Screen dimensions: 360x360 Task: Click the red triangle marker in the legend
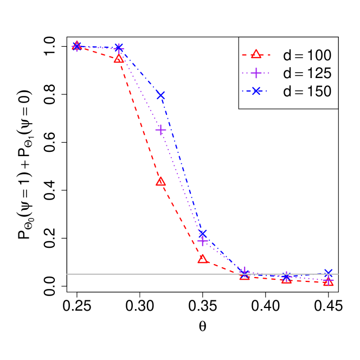tap(256, 54)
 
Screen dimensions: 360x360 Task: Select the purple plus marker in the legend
tap(256, 73)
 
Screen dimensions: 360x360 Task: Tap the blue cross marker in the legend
tap(256, 91)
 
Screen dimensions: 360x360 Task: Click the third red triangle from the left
tap(160, 181)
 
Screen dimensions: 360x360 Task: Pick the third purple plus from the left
tap(160, 130)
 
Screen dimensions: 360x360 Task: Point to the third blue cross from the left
tap(160, 95)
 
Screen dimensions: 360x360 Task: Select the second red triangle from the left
tap(119, 58)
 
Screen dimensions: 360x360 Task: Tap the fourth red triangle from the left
tap(202, 259)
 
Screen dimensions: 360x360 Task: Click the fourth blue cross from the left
tap(202, 234)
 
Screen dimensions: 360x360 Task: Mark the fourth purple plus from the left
tap(202, 241)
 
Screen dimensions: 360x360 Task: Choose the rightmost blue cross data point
tap(328, 273)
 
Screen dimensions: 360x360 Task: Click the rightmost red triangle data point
tap(328, 282)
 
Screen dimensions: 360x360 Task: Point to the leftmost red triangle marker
tap(77, 46)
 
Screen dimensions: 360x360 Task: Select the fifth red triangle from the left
tap(245, 275)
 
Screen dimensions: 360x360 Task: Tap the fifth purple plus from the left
tap(245, 271)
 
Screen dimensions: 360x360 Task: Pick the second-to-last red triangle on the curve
tap(286, 279)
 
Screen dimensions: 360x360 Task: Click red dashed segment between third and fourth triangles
tap(182, 220)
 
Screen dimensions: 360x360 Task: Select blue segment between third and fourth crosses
tap(182, 164)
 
